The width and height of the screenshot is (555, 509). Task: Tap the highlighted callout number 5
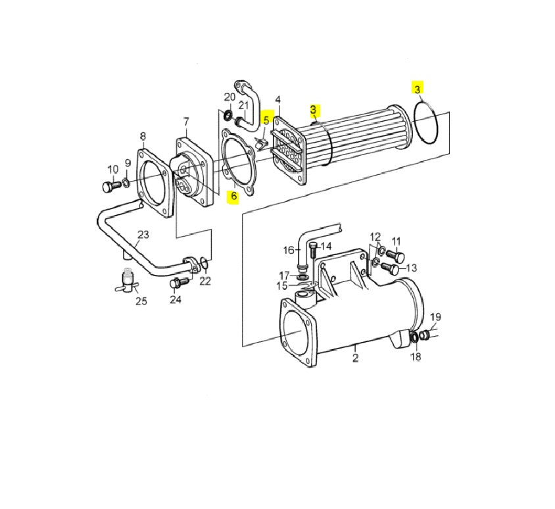tap(266, 120)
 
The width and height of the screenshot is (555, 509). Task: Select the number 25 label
tap(141, 301)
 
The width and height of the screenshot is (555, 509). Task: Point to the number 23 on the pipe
tap(143, 235)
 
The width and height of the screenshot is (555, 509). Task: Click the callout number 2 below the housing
tap(356, 358)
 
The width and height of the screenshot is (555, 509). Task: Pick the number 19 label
tap(436, 317)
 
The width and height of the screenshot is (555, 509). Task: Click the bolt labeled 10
tap(111, 186)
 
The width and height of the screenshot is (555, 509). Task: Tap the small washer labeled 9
tap(126, 183)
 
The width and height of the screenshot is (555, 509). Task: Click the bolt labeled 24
tap(179, 283)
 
